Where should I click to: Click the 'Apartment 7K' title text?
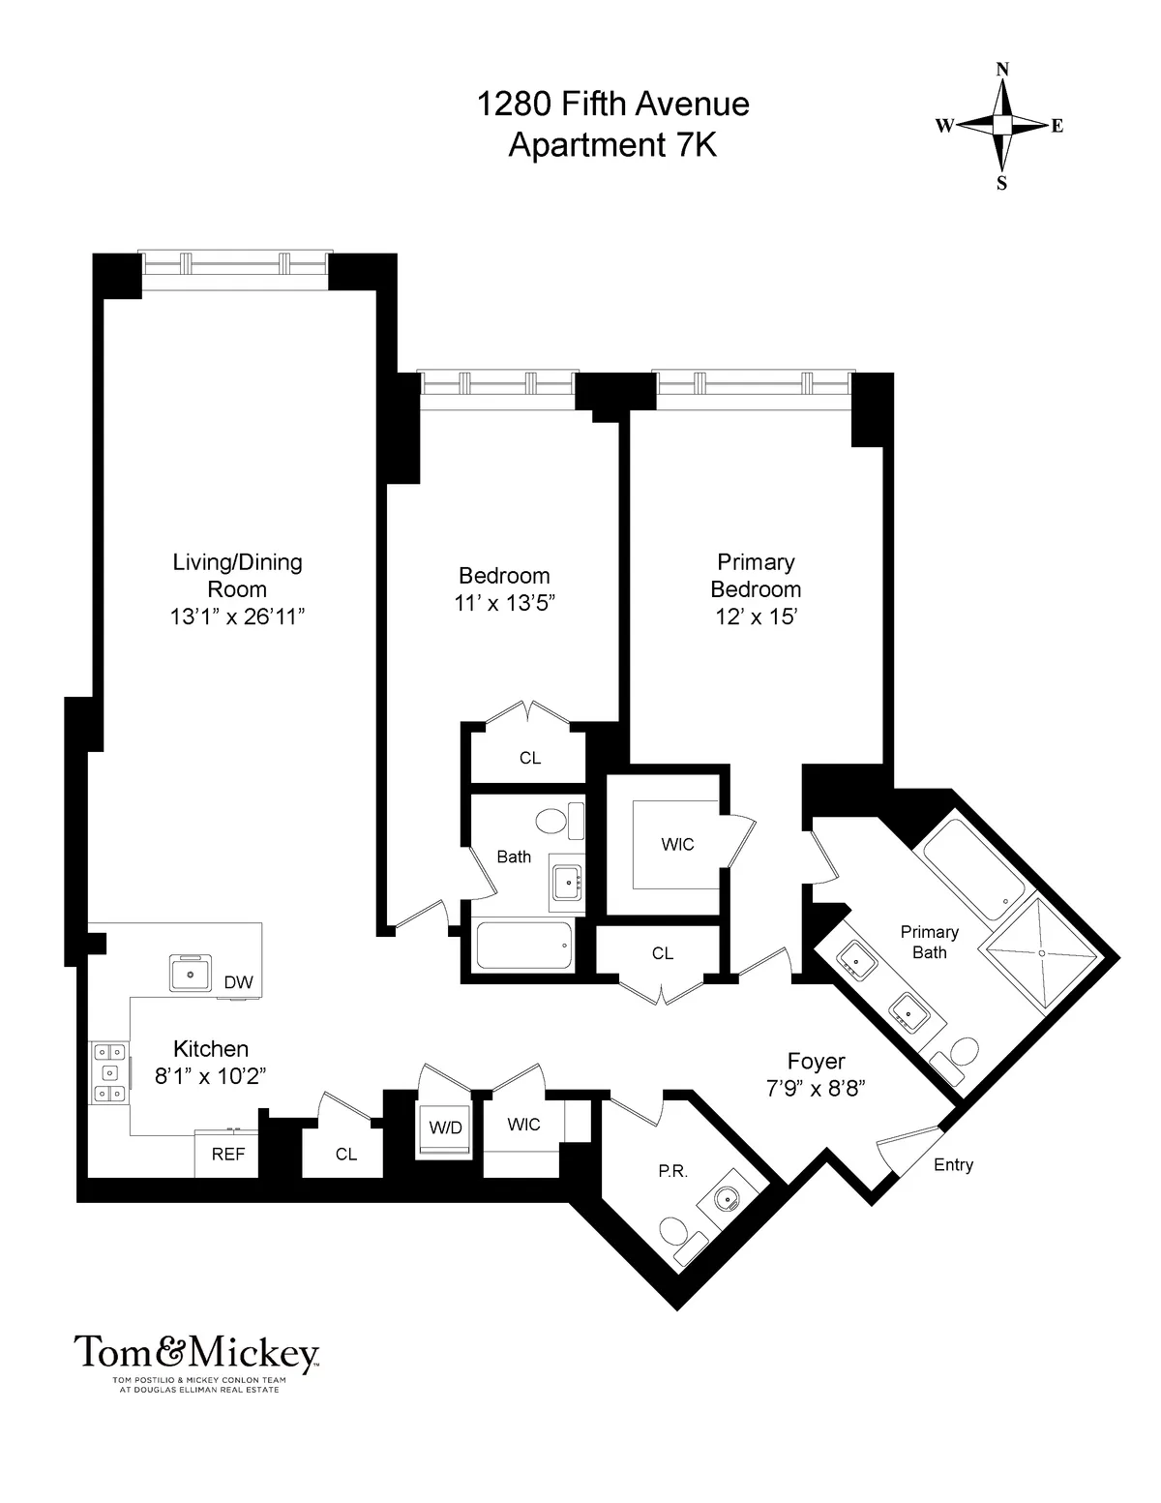612,145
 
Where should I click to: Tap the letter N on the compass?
1002,69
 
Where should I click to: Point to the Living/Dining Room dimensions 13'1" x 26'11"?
238,616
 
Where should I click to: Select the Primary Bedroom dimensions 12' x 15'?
756,616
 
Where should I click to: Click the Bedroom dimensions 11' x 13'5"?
504,603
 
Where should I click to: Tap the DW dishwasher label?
238,982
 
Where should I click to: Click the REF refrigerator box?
228,1154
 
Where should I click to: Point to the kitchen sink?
191,972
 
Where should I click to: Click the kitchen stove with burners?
108,1072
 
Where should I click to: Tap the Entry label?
953,1165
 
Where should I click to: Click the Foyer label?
816,1062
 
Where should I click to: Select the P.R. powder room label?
672,1170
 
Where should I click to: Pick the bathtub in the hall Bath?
523,946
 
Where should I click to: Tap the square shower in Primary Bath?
1041,953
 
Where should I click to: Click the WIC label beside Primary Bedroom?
677,845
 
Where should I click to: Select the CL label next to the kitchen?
346,1154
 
